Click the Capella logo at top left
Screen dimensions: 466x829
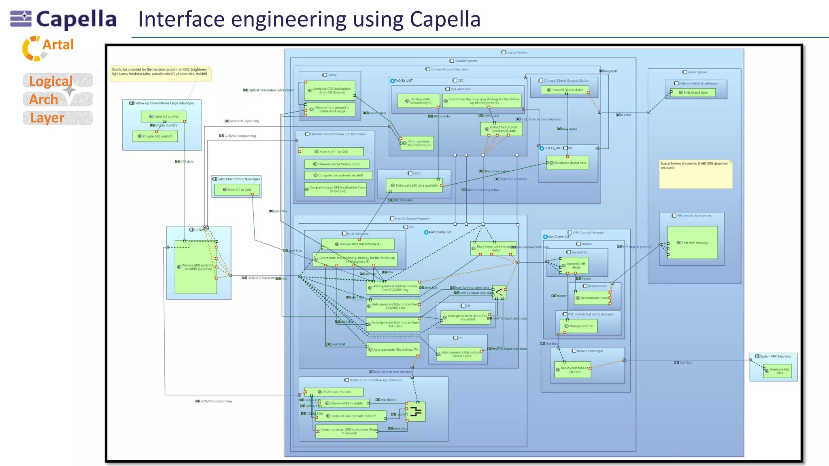63,19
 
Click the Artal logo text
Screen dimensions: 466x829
57,45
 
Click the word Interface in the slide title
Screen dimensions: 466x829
181,19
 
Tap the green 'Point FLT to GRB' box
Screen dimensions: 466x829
164,116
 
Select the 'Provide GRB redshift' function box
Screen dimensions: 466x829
155,136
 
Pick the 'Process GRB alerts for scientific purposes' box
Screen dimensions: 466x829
196,267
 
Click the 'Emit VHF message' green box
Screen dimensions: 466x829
692,243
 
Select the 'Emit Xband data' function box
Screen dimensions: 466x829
693,93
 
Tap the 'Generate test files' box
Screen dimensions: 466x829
777,371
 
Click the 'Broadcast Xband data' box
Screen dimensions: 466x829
568,163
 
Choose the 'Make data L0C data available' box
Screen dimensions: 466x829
414,186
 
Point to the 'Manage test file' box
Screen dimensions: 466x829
579,326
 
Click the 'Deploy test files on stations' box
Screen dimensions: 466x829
572,370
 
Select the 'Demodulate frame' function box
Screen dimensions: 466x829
592,298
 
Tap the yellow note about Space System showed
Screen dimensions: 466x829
695,174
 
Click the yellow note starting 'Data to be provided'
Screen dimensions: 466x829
160,73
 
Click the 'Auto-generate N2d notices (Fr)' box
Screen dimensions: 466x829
393,349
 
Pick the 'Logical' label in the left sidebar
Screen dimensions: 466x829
51,81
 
